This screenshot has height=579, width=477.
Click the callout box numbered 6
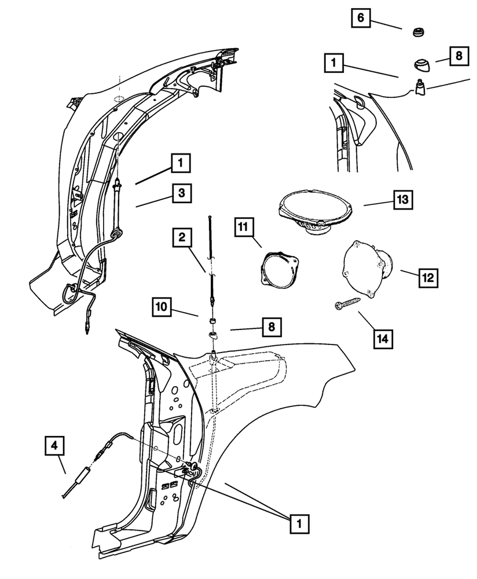point(361,18)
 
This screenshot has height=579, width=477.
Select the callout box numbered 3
point(181,193)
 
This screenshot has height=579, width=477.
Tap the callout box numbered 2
point(182,237)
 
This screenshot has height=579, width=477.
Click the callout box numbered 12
point(427,277)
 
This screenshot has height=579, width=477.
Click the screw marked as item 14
point(347,303)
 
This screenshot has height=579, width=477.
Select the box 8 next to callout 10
point(271,328)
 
